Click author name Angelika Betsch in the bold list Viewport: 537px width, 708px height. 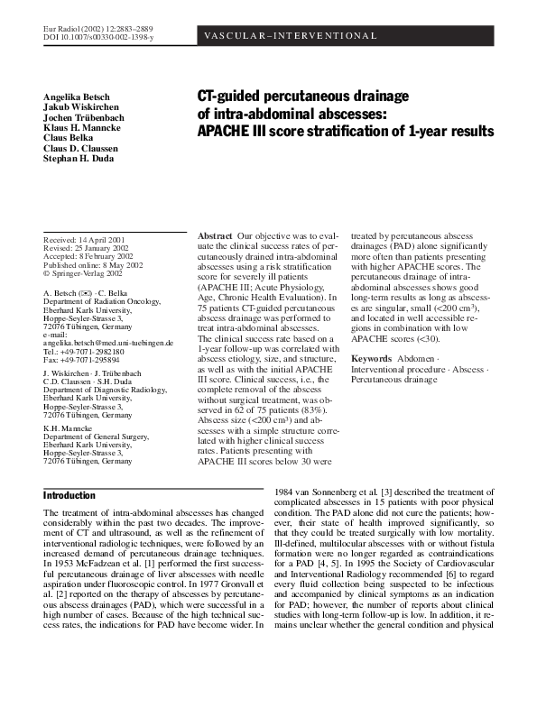79,97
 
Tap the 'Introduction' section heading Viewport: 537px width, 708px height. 69,496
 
